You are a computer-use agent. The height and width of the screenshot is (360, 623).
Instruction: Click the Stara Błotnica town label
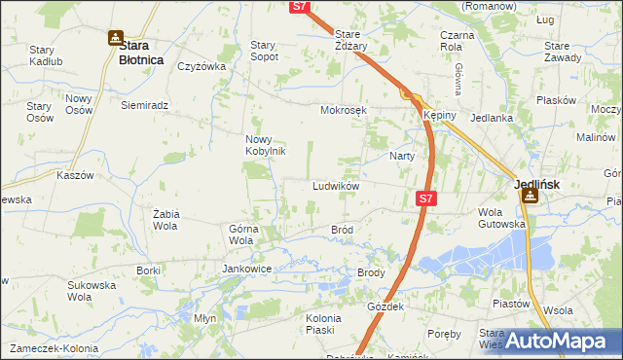coord(132,52)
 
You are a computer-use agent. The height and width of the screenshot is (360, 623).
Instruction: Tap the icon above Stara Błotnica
coord(116,39)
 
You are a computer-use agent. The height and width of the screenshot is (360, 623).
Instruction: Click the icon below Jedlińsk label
coord(531,196)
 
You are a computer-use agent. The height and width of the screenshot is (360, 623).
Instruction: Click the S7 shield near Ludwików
coord(425,198)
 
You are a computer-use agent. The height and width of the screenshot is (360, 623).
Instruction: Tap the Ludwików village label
coord(337,185)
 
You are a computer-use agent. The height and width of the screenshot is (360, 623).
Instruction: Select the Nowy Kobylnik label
coord(264,145)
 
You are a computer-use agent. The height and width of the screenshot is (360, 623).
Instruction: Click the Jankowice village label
coord(246,269)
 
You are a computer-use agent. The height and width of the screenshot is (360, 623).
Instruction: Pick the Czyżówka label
coord(202,67)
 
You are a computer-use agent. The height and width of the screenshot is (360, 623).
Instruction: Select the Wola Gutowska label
coord(501,218)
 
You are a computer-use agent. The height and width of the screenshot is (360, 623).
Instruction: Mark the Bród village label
coord(342,230)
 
